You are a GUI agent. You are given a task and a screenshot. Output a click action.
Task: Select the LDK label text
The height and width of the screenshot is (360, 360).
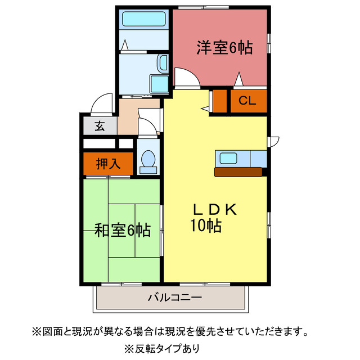click(x=217, y=210)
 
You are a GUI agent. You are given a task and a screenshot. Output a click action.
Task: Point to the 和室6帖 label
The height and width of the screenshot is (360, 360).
click(x=122, y=230)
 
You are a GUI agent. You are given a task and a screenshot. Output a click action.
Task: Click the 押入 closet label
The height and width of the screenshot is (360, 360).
click(x=108, y=164)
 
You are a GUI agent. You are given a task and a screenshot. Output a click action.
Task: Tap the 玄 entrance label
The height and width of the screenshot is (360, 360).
click(x=100, y=126)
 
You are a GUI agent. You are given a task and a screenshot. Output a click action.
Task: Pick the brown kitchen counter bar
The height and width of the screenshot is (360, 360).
click(x=238, y=172)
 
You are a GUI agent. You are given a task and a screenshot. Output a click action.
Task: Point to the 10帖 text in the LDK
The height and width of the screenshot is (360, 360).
click(x=205, y=226)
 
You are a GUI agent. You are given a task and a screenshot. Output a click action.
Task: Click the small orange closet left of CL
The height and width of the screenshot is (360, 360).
click(x=219, y=101)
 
